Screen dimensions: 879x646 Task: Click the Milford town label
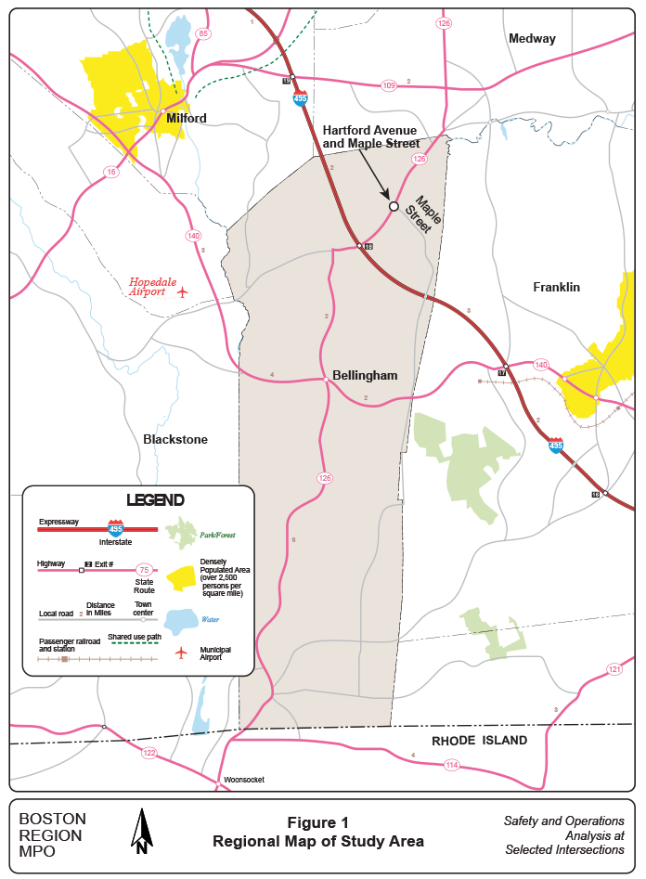(186, 118)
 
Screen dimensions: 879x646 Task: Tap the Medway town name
(532, 39)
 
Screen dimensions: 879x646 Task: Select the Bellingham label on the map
(365, 375)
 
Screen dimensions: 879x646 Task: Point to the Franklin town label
(556, 287)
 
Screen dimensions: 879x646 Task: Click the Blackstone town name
(175, 439)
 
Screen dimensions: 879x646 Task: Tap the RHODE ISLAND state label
(479, 741)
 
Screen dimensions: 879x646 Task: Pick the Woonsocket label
(244, 780)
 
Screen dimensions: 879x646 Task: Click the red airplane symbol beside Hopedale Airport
(183, 292)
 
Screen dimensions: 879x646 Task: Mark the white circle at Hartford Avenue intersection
(394, 206)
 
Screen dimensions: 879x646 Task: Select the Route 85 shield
(203, 34)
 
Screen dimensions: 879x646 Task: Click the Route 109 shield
(388, 85)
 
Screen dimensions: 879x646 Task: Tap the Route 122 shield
(149, 754)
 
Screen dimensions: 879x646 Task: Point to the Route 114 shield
(452, 765)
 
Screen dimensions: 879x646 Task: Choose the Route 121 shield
(614, 669)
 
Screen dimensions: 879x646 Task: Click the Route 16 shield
(111, 172)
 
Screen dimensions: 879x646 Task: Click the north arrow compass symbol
(142, 831)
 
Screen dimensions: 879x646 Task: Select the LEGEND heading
(155, 499)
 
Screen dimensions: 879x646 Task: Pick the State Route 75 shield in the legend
(144, 570)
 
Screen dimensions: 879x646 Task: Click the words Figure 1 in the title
(318, 822)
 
